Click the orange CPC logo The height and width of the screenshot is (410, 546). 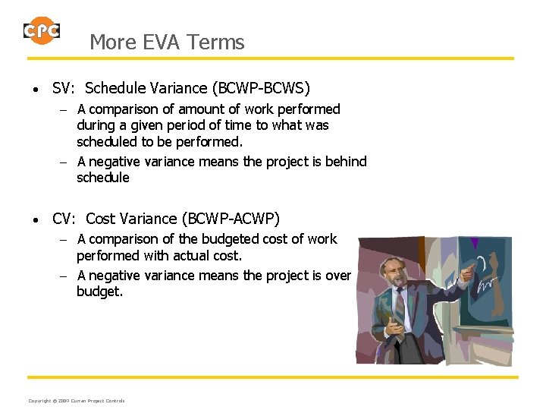pos(42,31)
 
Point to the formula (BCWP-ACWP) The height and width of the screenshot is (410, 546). pos(231,219)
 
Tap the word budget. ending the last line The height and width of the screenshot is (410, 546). pos(99,291)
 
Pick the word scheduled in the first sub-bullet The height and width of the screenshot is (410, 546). pos(105,141)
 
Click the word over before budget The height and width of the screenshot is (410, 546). pos(337,275)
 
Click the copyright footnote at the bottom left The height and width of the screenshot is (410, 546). pos(76,400)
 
